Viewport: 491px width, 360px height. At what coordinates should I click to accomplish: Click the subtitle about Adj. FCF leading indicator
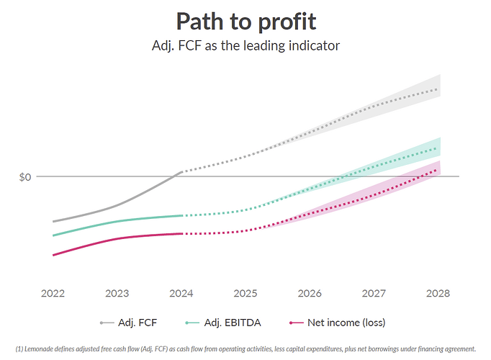click(x=245, y=45)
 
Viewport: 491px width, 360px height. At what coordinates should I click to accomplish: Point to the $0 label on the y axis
click(x=24, y=176)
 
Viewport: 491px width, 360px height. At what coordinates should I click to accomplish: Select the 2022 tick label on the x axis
click(x=53, y=293)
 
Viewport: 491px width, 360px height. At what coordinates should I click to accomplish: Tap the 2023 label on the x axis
click(x=117, y=293)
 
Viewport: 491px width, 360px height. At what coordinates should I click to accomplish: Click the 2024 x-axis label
click(x=181, y=293)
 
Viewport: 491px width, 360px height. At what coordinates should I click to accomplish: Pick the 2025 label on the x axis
click(x=245, y=293)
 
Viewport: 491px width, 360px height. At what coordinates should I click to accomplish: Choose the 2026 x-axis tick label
click(x=310, y=293)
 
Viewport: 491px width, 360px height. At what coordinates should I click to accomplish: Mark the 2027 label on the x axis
click(x=374, y=293)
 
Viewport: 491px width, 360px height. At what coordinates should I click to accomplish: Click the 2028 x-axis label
click(x=438, y=293)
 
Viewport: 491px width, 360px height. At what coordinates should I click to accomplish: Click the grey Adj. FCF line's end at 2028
click(x=438, y=89)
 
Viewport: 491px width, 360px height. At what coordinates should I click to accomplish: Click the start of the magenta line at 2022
click(x=53, y=255)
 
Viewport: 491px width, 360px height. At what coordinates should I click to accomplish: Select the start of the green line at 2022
click(x=53, y=235)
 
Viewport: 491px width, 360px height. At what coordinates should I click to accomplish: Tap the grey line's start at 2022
click(x=53, y=221)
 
